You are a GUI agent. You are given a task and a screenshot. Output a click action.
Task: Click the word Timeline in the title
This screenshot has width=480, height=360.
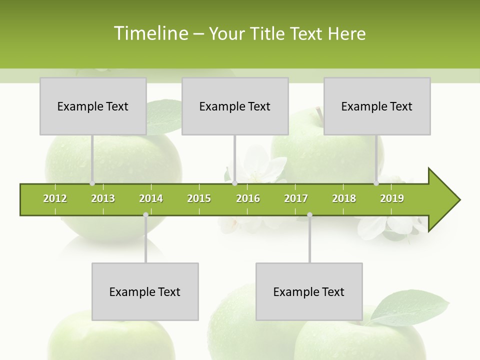pos(150,33)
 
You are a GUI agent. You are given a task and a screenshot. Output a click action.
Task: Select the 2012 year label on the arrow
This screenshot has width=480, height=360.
pos(55,198)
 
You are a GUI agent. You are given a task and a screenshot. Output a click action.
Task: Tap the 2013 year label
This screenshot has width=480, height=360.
pos(103,198)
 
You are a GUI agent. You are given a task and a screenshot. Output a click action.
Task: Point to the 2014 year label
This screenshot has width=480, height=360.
pos(151,198)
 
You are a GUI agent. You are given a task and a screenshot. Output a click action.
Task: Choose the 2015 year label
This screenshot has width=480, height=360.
pos(199,198)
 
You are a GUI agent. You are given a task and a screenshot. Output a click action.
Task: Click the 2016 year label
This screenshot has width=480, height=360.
pos(248,198)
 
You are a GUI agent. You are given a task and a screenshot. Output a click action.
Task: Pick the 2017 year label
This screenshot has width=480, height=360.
pos(296,198)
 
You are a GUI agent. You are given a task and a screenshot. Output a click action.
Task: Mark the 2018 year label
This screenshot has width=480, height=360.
pos(344,198)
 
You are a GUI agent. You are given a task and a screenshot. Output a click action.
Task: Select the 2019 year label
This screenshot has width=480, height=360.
pos(392,198)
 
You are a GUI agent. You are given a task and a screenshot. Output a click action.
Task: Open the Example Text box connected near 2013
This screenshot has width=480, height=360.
pos(93,106)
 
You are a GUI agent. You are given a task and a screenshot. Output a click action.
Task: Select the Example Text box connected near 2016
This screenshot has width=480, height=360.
pos(235,106)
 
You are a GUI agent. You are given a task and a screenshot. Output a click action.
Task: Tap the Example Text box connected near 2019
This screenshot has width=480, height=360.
pos(377,106)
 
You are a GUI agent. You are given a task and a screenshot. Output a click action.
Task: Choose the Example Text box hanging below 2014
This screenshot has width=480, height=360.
pos(145,291)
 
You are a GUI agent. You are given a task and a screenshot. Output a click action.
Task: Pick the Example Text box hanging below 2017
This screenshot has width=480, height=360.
pos(309,291)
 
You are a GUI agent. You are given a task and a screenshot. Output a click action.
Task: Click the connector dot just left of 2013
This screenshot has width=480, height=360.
pos(92,183)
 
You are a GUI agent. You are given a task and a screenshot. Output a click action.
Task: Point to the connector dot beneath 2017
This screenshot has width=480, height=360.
pos(309,215)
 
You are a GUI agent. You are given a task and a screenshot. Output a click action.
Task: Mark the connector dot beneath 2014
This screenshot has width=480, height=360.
pos(145,215)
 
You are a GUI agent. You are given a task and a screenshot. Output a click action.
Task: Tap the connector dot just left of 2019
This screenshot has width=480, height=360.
pos(376,183)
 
